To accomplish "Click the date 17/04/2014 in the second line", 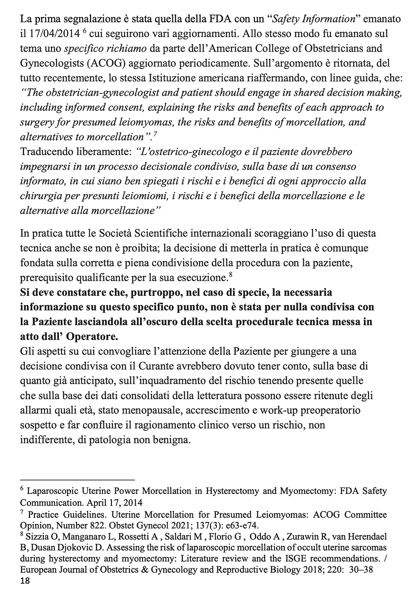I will (x=52, y=34).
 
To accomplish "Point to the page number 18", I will (x=25, y=581).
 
